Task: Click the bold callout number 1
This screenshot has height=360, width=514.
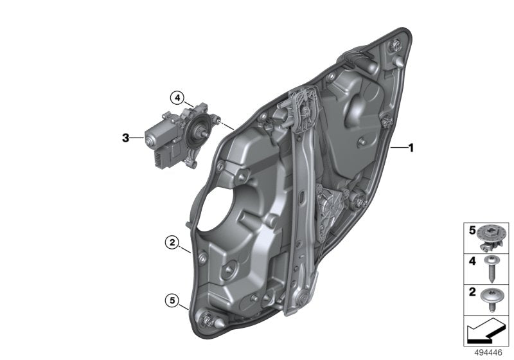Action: pyautogui.click(x=411, y=147)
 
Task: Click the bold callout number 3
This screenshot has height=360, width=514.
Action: pyautogui.click(x=127, y=138)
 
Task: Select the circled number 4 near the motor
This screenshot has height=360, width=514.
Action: pyautogui.click(x=177, y=97)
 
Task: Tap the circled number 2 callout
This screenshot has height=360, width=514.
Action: pyautogui.click(x=171, y=242)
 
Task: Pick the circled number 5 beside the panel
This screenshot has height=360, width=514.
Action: pyautogui.click(x=171, y=299)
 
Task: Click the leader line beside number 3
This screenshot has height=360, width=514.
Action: pyautogui.click(x=137, y=138)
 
